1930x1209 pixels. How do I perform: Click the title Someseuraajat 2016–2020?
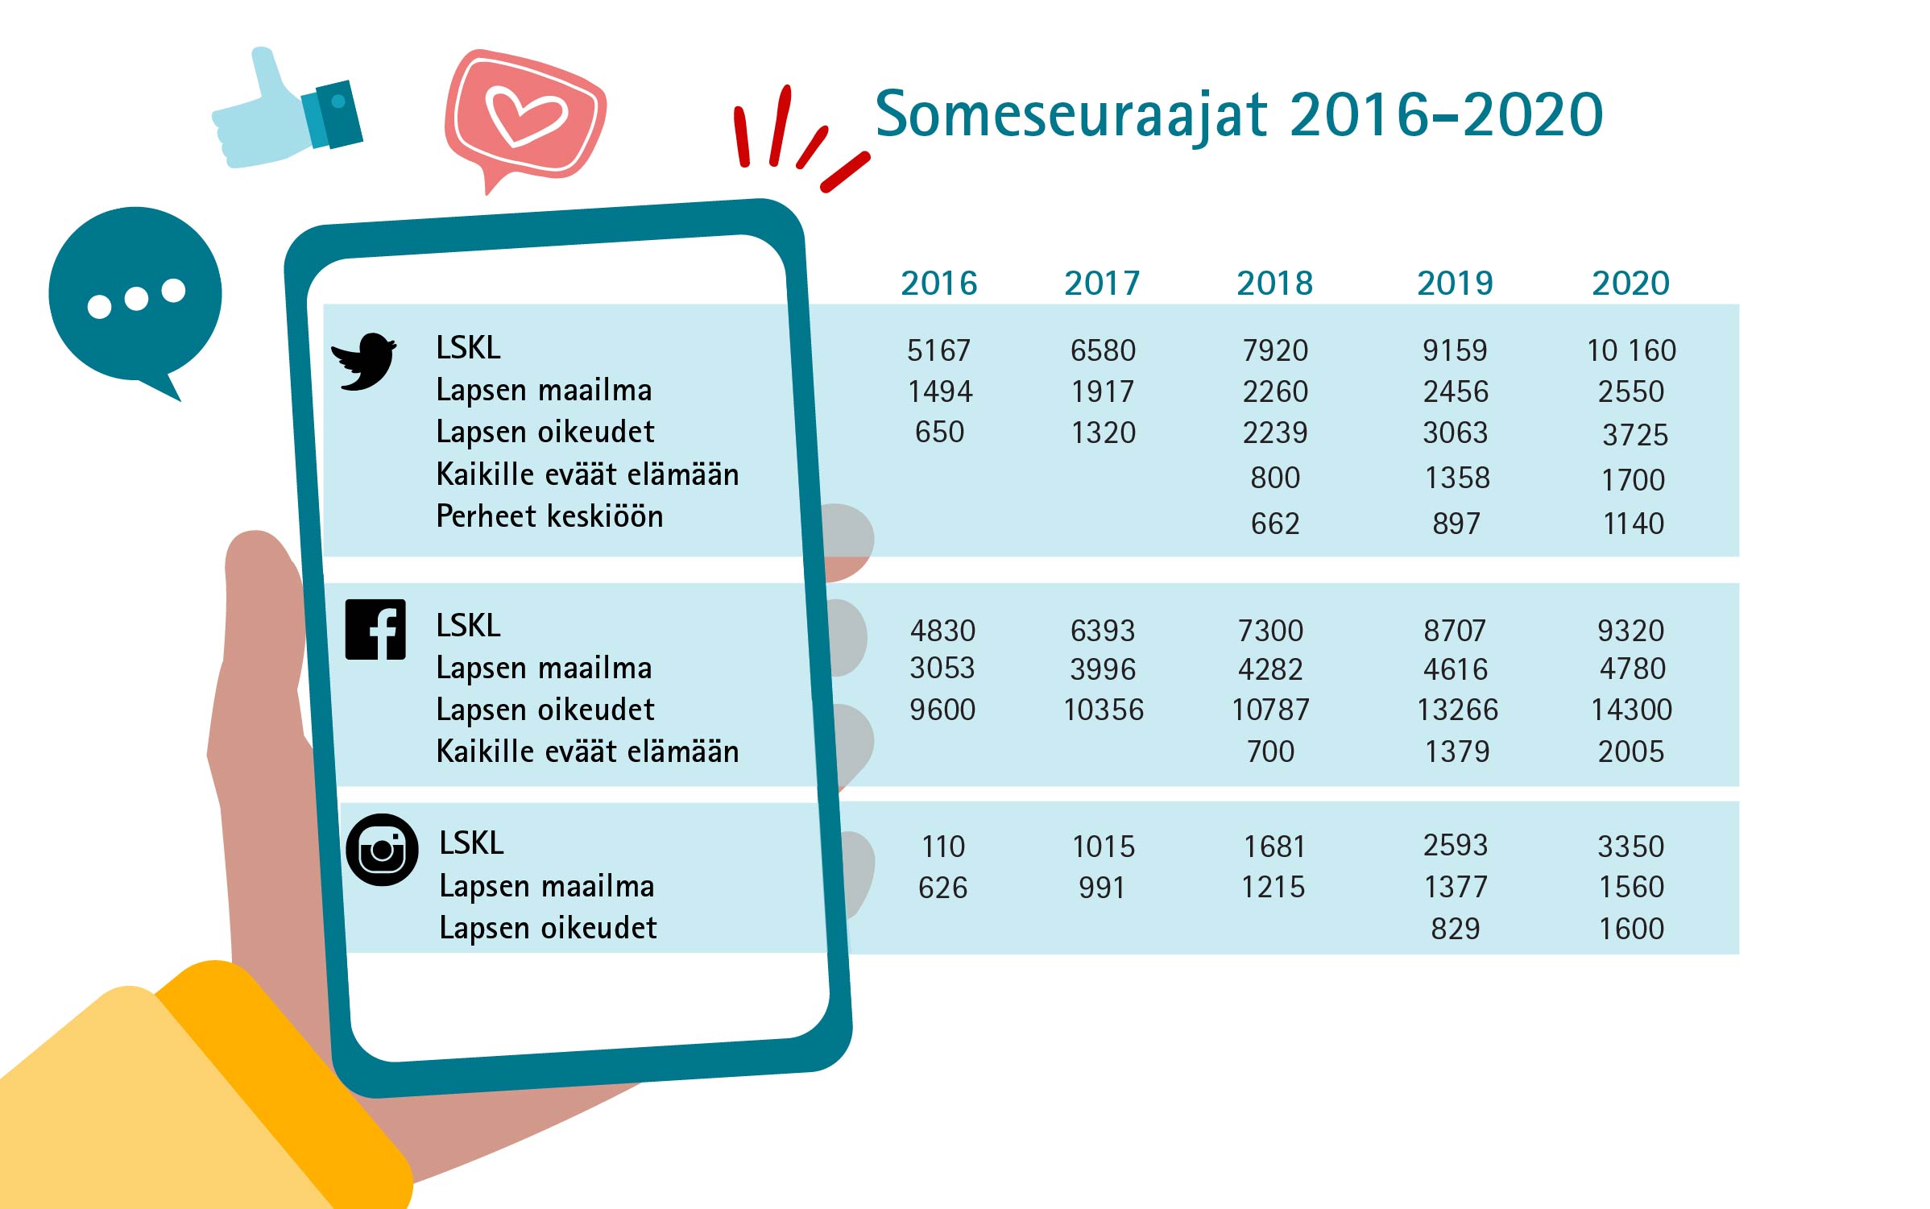pos(1239,114)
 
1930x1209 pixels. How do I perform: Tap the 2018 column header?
pos(1275,284)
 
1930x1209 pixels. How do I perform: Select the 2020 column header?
pos(1631,284)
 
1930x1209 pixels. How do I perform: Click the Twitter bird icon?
pos(364,362)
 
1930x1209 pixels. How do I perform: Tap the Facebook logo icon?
pos(375,629)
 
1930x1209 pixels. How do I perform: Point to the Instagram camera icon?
pos(382,850)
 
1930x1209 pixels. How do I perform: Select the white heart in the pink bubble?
pos(526,115)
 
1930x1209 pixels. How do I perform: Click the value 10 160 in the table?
pos(1631,350)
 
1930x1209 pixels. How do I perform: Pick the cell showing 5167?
pos(939,350)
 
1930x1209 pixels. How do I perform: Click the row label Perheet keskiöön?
pos(549,516)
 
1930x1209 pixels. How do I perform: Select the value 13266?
pos(1457,710)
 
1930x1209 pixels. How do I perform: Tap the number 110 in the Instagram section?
pos(943,847)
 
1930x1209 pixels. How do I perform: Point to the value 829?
pos(1456,929)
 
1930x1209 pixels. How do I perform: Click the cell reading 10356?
pos(1104,710)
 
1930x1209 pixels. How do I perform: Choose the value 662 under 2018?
pos(1275,524)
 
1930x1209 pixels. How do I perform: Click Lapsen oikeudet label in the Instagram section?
pos(548,928)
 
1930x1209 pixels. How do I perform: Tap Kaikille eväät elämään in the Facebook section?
pos(587,751)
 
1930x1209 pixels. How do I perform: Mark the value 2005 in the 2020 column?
pos(1631,751)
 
